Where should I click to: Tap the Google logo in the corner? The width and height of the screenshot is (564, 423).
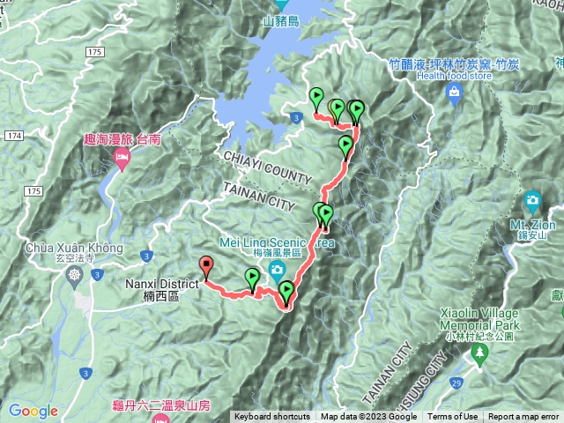tap(33, 411)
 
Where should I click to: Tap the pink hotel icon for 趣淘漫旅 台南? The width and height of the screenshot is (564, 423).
tap(121, 159)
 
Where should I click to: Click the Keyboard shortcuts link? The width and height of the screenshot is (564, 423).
tap(272, 417)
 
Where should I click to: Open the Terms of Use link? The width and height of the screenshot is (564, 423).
tap(453, 417)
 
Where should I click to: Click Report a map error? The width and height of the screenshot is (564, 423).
tap(523, 417)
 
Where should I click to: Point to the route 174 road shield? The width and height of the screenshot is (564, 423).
tap(12, 137)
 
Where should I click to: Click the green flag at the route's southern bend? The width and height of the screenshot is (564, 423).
tap(286, 291)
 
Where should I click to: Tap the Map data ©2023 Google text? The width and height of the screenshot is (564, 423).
tap(368, 417)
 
